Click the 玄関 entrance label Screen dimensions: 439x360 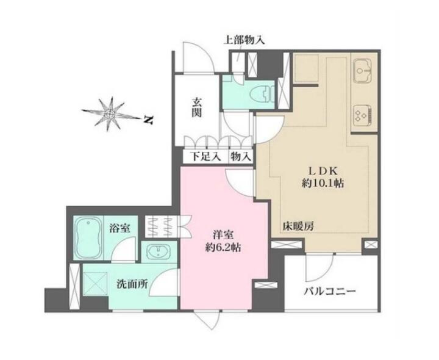click(x=197, y=107)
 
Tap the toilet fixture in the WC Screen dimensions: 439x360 click(x=262, y=94)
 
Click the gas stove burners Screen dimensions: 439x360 click(x=362, y=115)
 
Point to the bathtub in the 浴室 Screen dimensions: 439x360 click(x=88, y=237)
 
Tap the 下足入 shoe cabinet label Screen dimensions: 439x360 click(x=205, y=156)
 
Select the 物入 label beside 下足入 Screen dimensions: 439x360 click(x=240, y=156)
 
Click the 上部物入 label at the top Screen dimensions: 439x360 click(x=244, y=41)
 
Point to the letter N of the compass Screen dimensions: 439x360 click(x=149, y=120)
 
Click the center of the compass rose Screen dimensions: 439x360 click(x=109, y=114)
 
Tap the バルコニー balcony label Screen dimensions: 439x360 click(x=330, y=292)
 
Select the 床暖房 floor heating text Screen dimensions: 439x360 click(x=298, y=226)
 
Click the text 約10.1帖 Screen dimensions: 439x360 click(x=323, y=183)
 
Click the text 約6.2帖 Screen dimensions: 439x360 click(x=223, y=247)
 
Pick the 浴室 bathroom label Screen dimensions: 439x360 click(x=120, y=228)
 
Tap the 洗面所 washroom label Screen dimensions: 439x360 click(x=132, y=284)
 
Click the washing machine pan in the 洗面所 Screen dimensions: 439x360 click(x=96, y=284)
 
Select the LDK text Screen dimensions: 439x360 click(x=323, y=170)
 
